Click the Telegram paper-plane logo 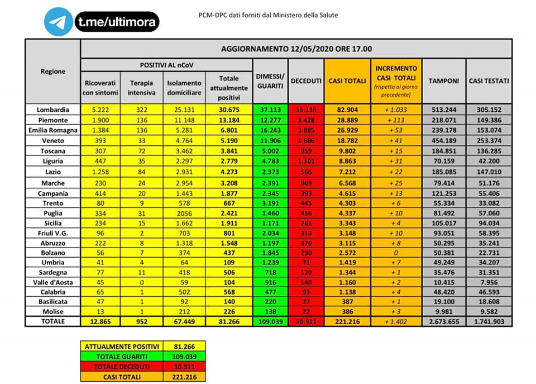tap(59, 22)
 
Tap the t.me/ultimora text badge tap(116, 22)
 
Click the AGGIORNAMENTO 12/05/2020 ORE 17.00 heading tap(296, 49)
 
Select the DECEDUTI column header tap(306, 80)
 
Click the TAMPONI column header tap(443, 80)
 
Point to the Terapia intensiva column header tap(141, 87)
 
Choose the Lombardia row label tap(52, 110)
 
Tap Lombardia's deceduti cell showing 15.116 tap(306, 110)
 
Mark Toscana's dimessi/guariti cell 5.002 tap(270, 151)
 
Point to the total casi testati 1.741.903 tap(489, 322)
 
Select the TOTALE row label tap(52, 321)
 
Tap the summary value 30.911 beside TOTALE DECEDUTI tap(184, 367)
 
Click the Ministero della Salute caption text tap(268, 15)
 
